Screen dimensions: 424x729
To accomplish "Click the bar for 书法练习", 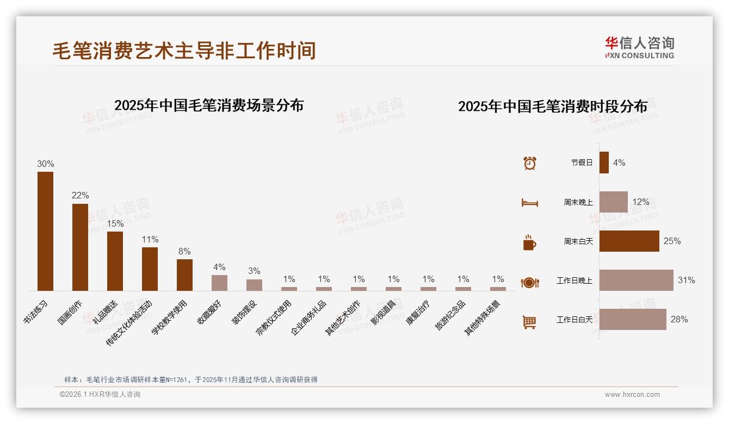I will coord(45,231).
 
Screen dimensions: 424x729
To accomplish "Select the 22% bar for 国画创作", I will coord(80,247).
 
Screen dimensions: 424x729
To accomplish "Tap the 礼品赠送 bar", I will coord(115,261).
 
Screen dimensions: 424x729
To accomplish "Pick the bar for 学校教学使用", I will coord(184,275).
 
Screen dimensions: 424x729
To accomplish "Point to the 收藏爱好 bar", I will coord(219,283).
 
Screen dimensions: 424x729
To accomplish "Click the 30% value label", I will coord(45,164).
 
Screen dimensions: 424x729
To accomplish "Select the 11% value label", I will coord(150,239).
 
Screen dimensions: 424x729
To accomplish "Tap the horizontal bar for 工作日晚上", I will coord(636,280).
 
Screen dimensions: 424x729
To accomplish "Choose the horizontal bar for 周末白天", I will coord(629,241).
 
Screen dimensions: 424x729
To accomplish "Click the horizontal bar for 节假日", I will coord(604,163).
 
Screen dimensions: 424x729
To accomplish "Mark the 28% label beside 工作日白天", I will coord(679,320).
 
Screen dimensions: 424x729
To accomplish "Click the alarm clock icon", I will coord(529,163).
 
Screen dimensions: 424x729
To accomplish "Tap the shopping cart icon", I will coord(529,322).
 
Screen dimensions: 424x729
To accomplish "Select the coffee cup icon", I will coord(529,242).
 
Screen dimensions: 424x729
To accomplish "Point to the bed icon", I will coord(529,203).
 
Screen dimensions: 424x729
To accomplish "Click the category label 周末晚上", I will coord(578,202).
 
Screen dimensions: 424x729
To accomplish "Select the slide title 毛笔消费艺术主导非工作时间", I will coord(184,51).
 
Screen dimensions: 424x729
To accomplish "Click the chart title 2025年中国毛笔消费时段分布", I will coord(553,107).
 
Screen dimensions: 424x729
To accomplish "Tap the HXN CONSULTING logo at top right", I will coord(639,48).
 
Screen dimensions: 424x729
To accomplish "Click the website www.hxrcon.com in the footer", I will coord(632,395).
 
